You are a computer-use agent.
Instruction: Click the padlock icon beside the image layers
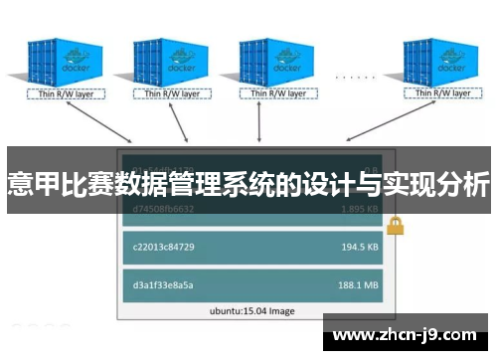pyautogui.click(x=396, y=225)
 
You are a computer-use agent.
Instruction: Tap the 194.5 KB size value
pyautogui.click(x=358, y=247)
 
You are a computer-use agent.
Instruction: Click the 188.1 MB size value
pyautogui.click(x=358, y=285)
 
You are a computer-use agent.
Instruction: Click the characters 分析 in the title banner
pyautogui.click(x=463, y=184)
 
